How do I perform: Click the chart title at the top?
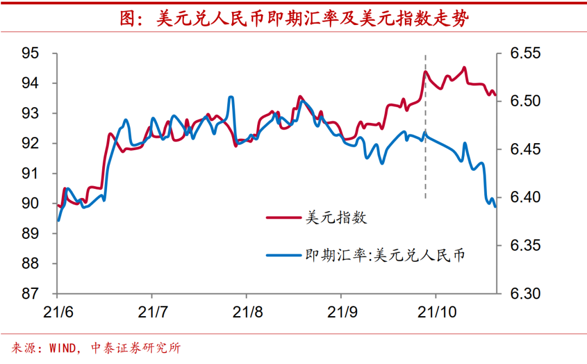click(294, 18)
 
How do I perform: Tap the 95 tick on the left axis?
click(30, 53)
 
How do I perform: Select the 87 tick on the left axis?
click(30, 293)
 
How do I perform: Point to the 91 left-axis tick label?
click(30, 174)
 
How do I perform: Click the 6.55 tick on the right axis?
click(525, 53)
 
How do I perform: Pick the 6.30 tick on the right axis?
click(525, 293)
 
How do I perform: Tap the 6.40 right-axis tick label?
click(525, 198)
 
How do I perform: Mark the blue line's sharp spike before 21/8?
click(231, 98)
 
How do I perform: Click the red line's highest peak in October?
click(464, 68)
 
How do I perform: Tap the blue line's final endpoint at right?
click(495, 207)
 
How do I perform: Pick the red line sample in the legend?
click(282, 218)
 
